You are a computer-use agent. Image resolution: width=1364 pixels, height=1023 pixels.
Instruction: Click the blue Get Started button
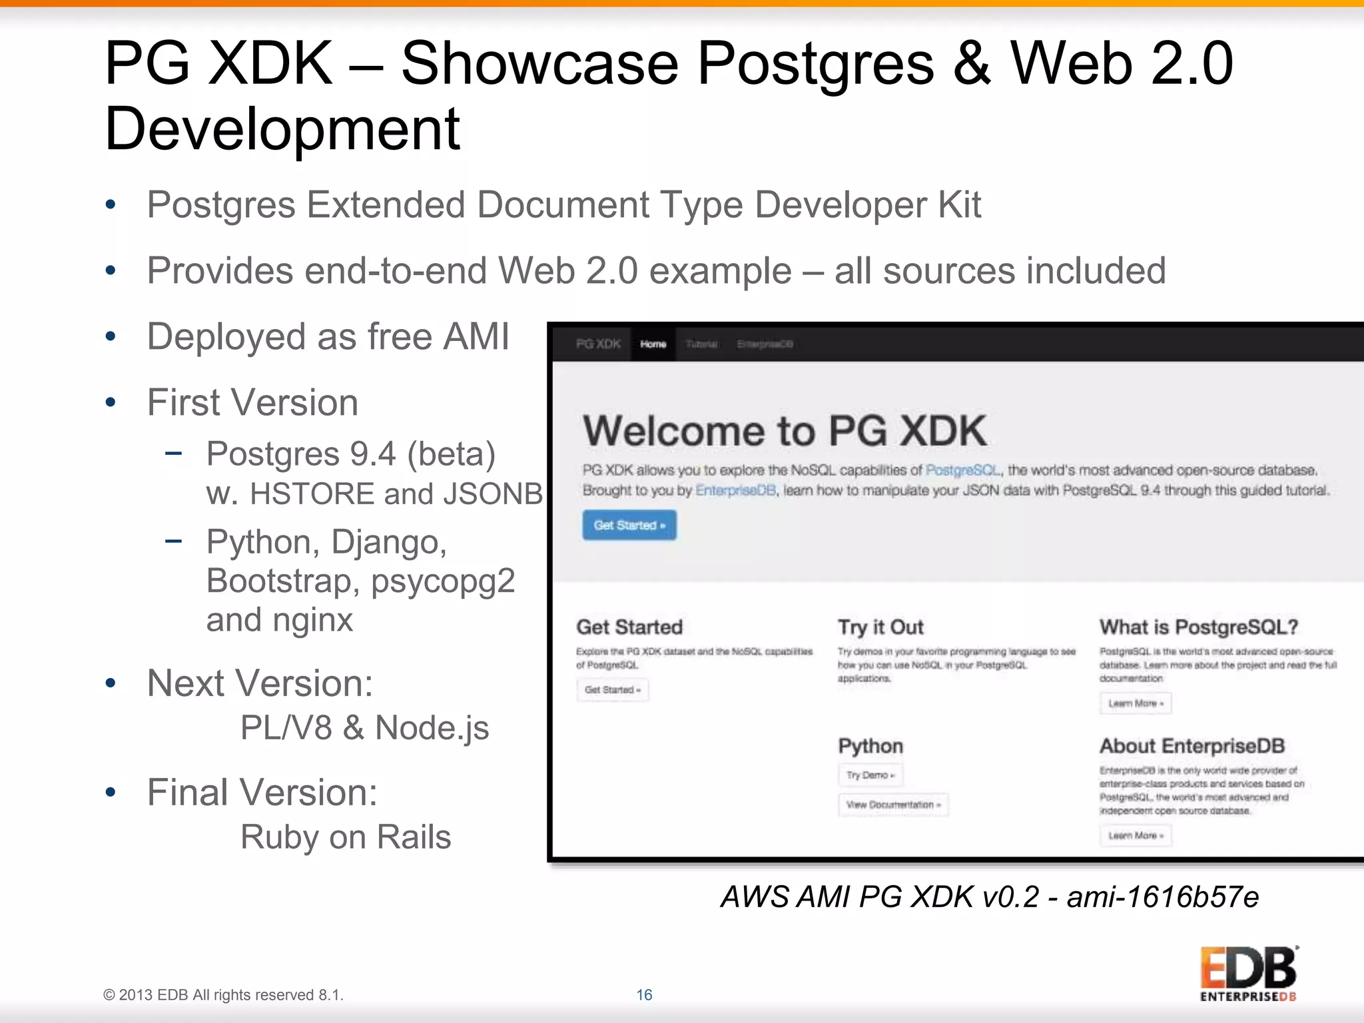point(629,525)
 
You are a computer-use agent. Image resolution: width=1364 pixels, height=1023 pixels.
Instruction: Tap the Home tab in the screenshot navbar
point(653,344)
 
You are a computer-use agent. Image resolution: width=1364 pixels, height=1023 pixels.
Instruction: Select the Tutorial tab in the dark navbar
point(701,344)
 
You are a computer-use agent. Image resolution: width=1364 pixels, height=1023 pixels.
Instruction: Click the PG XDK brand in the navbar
point(598,344)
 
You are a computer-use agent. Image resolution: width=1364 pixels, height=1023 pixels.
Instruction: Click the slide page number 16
point(644,994)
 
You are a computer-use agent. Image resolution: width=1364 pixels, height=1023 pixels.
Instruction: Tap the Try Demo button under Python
point(870,775)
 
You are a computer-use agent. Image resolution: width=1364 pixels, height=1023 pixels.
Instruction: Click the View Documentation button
point(893,805)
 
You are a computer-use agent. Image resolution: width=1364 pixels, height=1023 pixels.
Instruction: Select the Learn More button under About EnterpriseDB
point(1136,835)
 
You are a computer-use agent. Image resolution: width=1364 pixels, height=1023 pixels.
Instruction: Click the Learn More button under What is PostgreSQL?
point(1136,703)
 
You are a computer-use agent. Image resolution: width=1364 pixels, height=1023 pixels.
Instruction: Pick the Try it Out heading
point(880,627)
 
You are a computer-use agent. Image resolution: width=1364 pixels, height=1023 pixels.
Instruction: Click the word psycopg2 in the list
point(443,581)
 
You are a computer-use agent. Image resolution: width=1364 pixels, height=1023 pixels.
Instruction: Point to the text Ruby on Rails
point(346,837)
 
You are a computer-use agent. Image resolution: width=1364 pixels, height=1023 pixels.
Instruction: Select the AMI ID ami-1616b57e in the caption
point(1162,897)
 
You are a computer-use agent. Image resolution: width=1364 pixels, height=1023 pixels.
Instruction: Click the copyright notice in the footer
point(223,995)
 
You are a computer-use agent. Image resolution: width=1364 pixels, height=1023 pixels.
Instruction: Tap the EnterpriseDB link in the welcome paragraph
point(735,491)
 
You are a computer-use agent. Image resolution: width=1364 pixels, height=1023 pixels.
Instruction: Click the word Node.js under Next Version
point(432,728)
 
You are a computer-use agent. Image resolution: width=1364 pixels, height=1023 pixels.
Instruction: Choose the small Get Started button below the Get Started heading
point(612,689)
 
